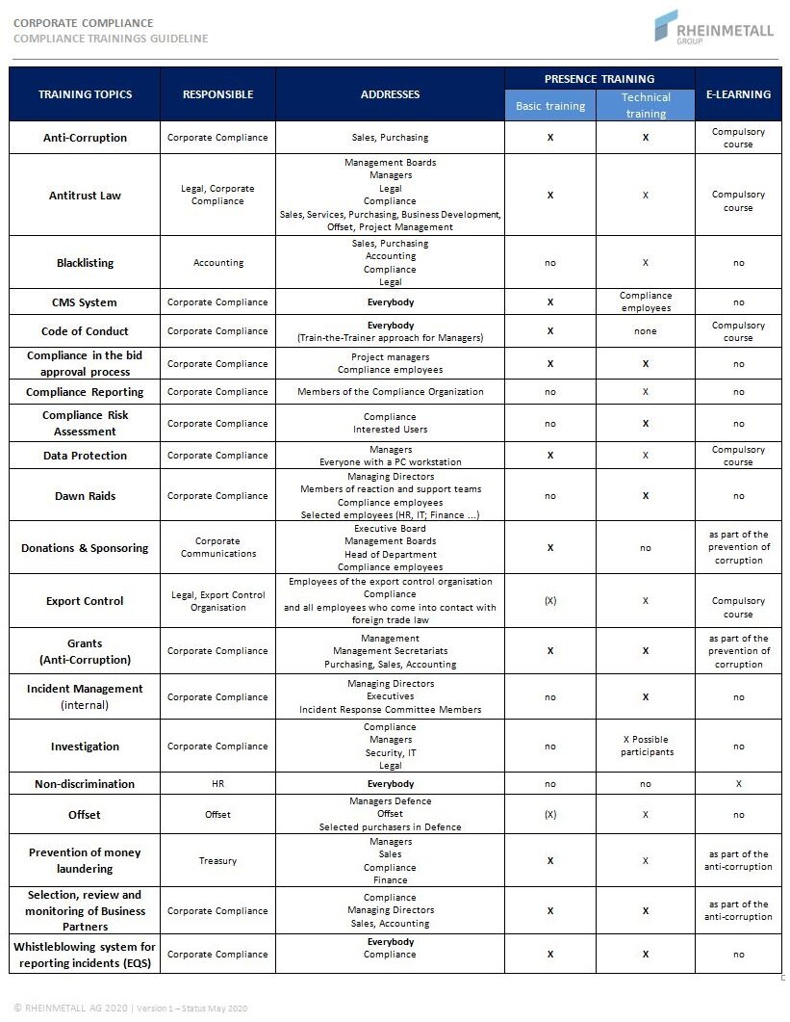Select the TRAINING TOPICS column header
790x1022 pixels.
[85, 94]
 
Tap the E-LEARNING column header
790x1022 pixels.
[738, 94]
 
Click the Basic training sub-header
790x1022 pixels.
[550, 106]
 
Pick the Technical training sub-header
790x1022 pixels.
[646, 105]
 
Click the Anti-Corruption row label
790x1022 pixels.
[85, 138]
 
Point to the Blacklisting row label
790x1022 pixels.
[85, 263]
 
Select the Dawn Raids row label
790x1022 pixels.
[85, 496]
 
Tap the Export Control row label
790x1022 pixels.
[85, 601]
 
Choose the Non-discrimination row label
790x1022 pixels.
[85, 784]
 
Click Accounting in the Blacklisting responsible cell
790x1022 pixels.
[218, 263]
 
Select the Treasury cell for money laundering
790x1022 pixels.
[218, 861]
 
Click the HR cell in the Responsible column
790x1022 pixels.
[218, 784]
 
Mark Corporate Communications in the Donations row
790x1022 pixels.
[218, 547]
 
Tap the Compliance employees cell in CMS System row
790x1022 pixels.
[646, 301]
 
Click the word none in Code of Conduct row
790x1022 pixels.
[646, 331]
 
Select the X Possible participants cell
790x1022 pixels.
[646, 746]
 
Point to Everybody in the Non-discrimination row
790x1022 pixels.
[391, 784]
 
